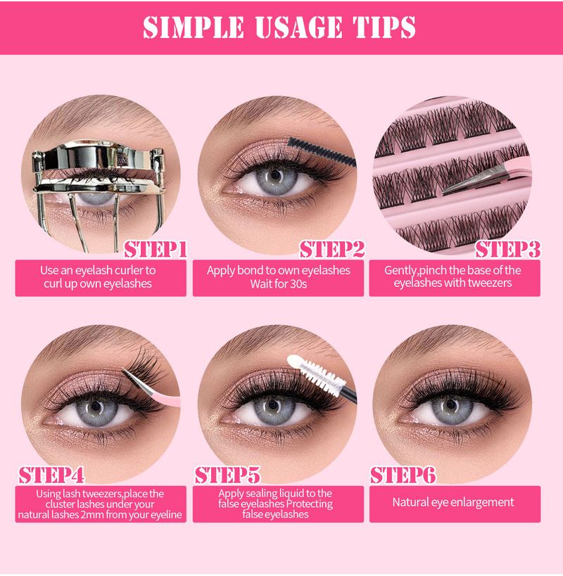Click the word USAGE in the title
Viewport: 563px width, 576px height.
[x=298, y=27]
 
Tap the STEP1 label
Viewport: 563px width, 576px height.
[x=156, y=250]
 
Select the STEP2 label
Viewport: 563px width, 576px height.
[x=332, y=250]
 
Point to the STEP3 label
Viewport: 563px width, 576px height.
[x=508, y=250]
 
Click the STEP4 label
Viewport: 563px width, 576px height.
[x=51, y=475]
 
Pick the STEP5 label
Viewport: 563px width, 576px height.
[x=227, y=475]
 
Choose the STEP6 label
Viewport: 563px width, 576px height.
[x=403, y=475]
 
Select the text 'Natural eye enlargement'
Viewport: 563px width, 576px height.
[x=453, y=502]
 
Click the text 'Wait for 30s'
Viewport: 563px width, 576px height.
[x=279, y=284]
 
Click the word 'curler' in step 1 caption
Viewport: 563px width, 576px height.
[x=128, y=270]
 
